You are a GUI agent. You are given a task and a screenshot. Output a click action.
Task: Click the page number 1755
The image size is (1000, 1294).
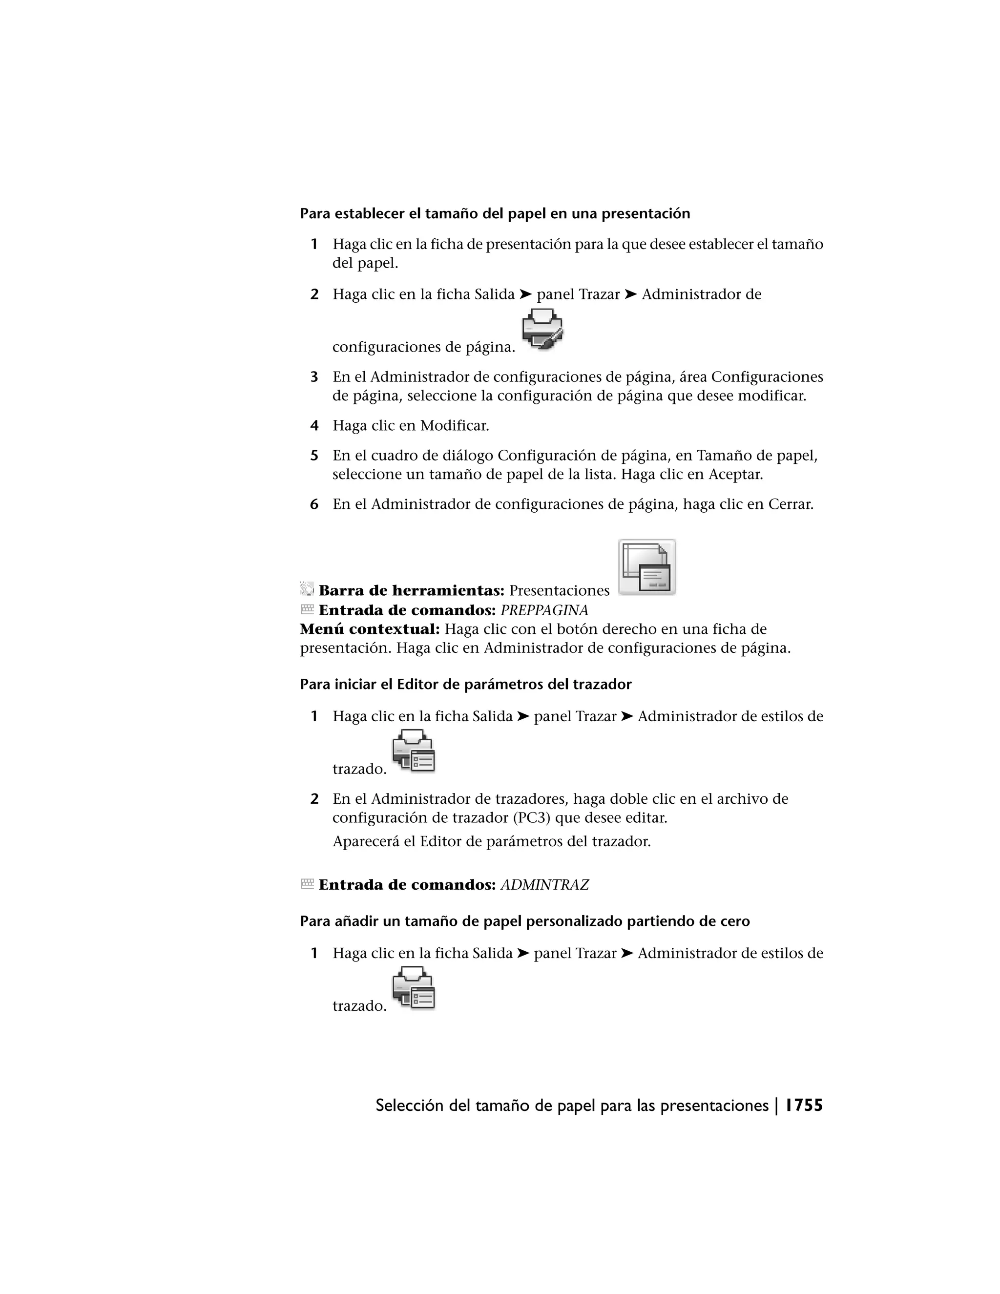[804, 1106]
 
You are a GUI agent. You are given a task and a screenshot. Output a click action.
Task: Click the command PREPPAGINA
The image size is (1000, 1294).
[544, 610]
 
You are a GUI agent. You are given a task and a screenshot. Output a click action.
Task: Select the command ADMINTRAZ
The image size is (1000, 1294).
[544, 885]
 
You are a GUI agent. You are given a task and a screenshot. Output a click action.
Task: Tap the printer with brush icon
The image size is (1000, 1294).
[542, 329]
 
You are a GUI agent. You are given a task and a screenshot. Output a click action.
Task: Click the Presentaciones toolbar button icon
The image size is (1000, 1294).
[647, 567]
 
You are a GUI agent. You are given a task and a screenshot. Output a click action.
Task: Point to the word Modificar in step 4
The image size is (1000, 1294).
[455, 425]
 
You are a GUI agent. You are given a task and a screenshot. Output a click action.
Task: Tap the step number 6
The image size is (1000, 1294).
[314, 504]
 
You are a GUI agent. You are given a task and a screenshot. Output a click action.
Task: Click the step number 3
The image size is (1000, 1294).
[314, 377]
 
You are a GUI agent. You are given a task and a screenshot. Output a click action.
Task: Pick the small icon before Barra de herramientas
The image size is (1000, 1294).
[306, 589]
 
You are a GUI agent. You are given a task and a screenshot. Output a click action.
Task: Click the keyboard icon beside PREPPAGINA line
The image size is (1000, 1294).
[307, 609]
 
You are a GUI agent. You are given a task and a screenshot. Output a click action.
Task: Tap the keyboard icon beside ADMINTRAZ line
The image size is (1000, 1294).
[307, 883]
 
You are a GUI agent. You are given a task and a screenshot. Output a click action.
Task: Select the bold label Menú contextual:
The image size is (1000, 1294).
[370, 629]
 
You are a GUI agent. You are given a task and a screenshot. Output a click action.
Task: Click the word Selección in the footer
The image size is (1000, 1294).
[409, 1106]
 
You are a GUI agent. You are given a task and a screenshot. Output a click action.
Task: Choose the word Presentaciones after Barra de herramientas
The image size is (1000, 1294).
[559, 591]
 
